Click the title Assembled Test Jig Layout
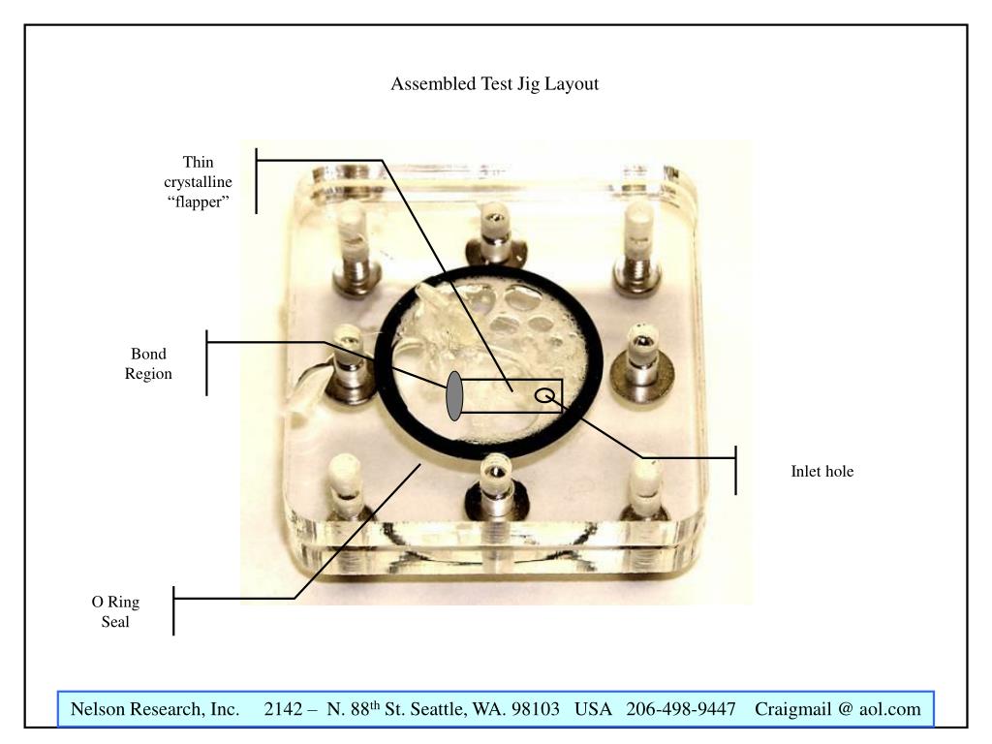coord(495,84)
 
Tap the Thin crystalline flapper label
coord(198,181)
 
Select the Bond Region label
coord(148,363)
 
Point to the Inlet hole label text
coord(821,473)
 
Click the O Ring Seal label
coord(115,612)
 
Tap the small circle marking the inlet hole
coord(545,394)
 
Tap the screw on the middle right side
coord(640,355)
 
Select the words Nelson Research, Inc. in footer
coord(155,710)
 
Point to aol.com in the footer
coord(889,710)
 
